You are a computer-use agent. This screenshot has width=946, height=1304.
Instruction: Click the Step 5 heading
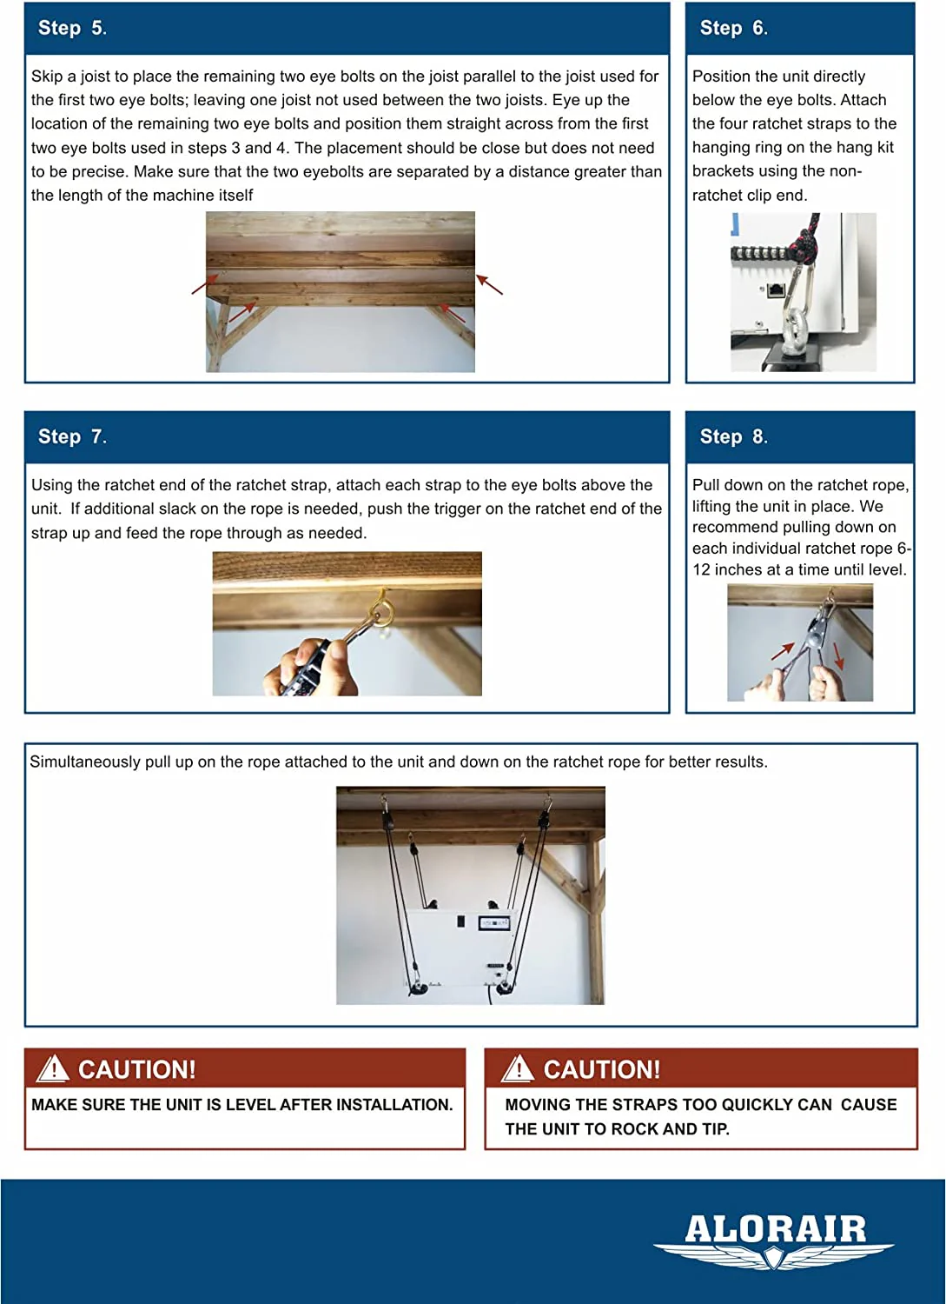click(72, 28)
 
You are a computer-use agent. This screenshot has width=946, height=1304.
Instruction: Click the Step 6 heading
click(733, 28)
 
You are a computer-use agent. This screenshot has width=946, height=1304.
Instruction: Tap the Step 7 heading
click(72, 436)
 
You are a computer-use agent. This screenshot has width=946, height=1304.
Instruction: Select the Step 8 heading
click(733, 436)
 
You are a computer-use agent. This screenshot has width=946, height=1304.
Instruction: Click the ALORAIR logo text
click(775, 1229)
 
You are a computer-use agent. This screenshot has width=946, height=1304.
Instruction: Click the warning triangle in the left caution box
click(53, 1068)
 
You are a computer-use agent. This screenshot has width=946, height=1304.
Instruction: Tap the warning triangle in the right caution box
click(518, 1068)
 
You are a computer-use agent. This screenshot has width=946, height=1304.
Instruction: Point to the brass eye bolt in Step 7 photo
click(381, 605)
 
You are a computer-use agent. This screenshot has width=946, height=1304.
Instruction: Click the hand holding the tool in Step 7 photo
click(313, 668)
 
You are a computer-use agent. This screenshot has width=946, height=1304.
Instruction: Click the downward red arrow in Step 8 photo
click(837, 656)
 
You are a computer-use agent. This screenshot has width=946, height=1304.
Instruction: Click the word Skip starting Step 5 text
click(47, 77)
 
